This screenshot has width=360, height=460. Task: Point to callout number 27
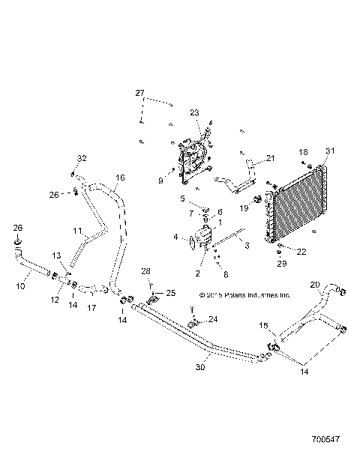(139, 93)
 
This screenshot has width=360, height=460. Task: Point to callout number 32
(82, 158)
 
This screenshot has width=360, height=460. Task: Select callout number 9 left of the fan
(160, 180)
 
